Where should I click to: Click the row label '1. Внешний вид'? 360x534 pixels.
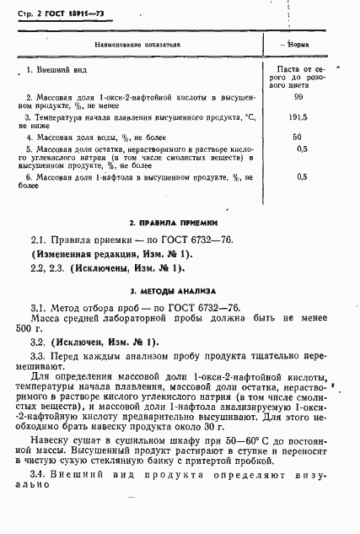(58, 68)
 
